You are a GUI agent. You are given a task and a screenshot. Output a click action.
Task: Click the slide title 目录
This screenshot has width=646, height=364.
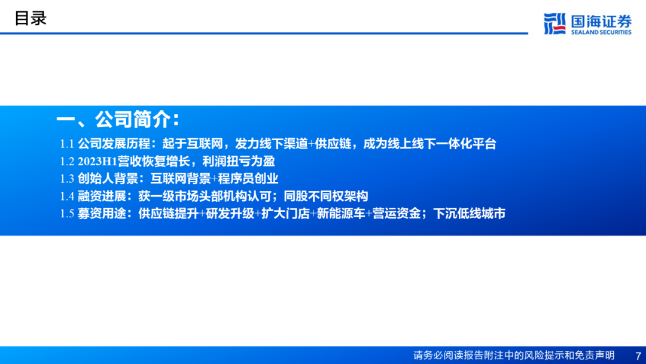coord(31,19)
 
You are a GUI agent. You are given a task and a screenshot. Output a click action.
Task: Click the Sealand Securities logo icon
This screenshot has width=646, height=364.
coord(554,23)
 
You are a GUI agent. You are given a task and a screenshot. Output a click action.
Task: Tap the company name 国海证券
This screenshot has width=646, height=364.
coord(601,20)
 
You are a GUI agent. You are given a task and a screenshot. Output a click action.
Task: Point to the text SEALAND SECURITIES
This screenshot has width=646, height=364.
coord(601,32)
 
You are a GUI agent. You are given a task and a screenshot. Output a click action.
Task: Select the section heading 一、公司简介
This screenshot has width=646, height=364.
coord(118,120)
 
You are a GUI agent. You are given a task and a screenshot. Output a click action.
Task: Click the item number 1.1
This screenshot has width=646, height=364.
coord(67,144)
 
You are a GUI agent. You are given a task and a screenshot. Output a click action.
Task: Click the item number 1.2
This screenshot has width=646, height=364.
coord(67,161)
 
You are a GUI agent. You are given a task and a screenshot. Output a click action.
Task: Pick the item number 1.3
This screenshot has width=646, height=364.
coord(67,178)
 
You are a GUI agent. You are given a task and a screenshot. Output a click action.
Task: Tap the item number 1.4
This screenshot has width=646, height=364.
coord(67,196)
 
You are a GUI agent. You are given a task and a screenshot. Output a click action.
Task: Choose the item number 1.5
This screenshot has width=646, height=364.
coord(67,214)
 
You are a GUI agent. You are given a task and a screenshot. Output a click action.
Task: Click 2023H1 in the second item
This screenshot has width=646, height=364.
coord(97,161)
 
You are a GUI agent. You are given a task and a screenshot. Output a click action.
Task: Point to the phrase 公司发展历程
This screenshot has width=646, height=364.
coord(114,144)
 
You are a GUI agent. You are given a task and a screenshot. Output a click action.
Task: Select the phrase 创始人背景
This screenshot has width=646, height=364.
coord(108,178)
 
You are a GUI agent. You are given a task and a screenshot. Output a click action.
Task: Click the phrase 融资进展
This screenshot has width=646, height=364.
coord(102,196)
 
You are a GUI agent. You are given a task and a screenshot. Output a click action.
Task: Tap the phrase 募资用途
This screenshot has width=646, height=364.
coord(102,214)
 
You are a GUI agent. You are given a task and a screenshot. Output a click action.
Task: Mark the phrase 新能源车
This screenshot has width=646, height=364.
coord(341,214)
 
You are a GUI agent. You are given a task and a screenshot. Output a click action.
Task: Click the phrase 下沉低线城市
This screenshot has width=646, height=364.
coord(470,214)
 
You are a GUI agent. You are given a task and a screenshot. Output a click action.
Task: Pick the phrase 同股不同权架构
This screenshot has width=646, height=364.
coord(326,196)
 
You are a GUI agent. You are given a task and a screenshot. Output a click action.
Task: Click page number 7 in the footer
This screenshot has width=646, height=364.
coord(638,356)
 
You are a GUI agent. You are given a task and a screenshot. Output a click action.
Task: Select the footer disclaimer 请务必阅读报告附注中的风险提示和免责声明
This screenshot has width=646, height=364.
coord(514,356)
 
